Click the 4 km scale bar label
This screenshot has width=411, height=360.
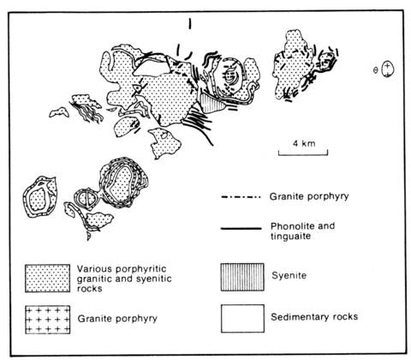304,143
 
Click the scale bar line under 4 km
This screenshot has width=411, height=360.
303,155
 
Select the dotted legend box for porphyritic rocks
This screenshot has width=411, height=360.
47,279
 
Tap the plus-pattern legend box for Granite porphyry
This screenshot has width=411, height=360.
47,320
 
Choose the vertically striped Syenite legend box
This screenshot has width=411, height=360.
242,277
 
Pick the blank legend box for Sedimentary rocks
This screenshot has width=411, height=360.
242,318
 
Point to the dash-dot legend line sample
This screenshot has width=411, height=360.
241,197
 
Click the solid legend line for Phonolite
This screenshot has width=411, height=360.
241,228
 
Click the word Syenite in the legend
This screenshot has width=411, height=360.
289,275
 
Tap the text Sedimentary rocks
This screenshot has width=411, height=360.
314,316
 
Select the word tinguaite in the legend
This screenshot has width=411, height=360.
290,237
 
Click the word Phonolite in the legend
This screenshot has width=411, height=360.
290,226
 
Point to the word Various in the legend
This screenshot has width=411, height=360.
94,269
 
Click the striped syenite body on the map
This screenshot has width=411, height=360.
211,103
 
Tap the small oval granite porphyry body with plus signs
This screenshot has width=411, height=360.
388,69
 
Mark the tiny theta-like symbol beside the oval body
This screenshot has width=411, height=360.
376,70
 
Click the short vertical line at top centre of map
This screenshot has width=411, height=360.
189,23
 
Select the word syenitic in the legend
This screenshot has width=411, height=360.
153,279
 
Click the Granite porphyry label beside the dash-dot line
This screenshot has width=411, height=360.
309,196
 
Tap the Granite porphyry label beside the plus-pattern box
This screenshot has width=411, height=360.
117,319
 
